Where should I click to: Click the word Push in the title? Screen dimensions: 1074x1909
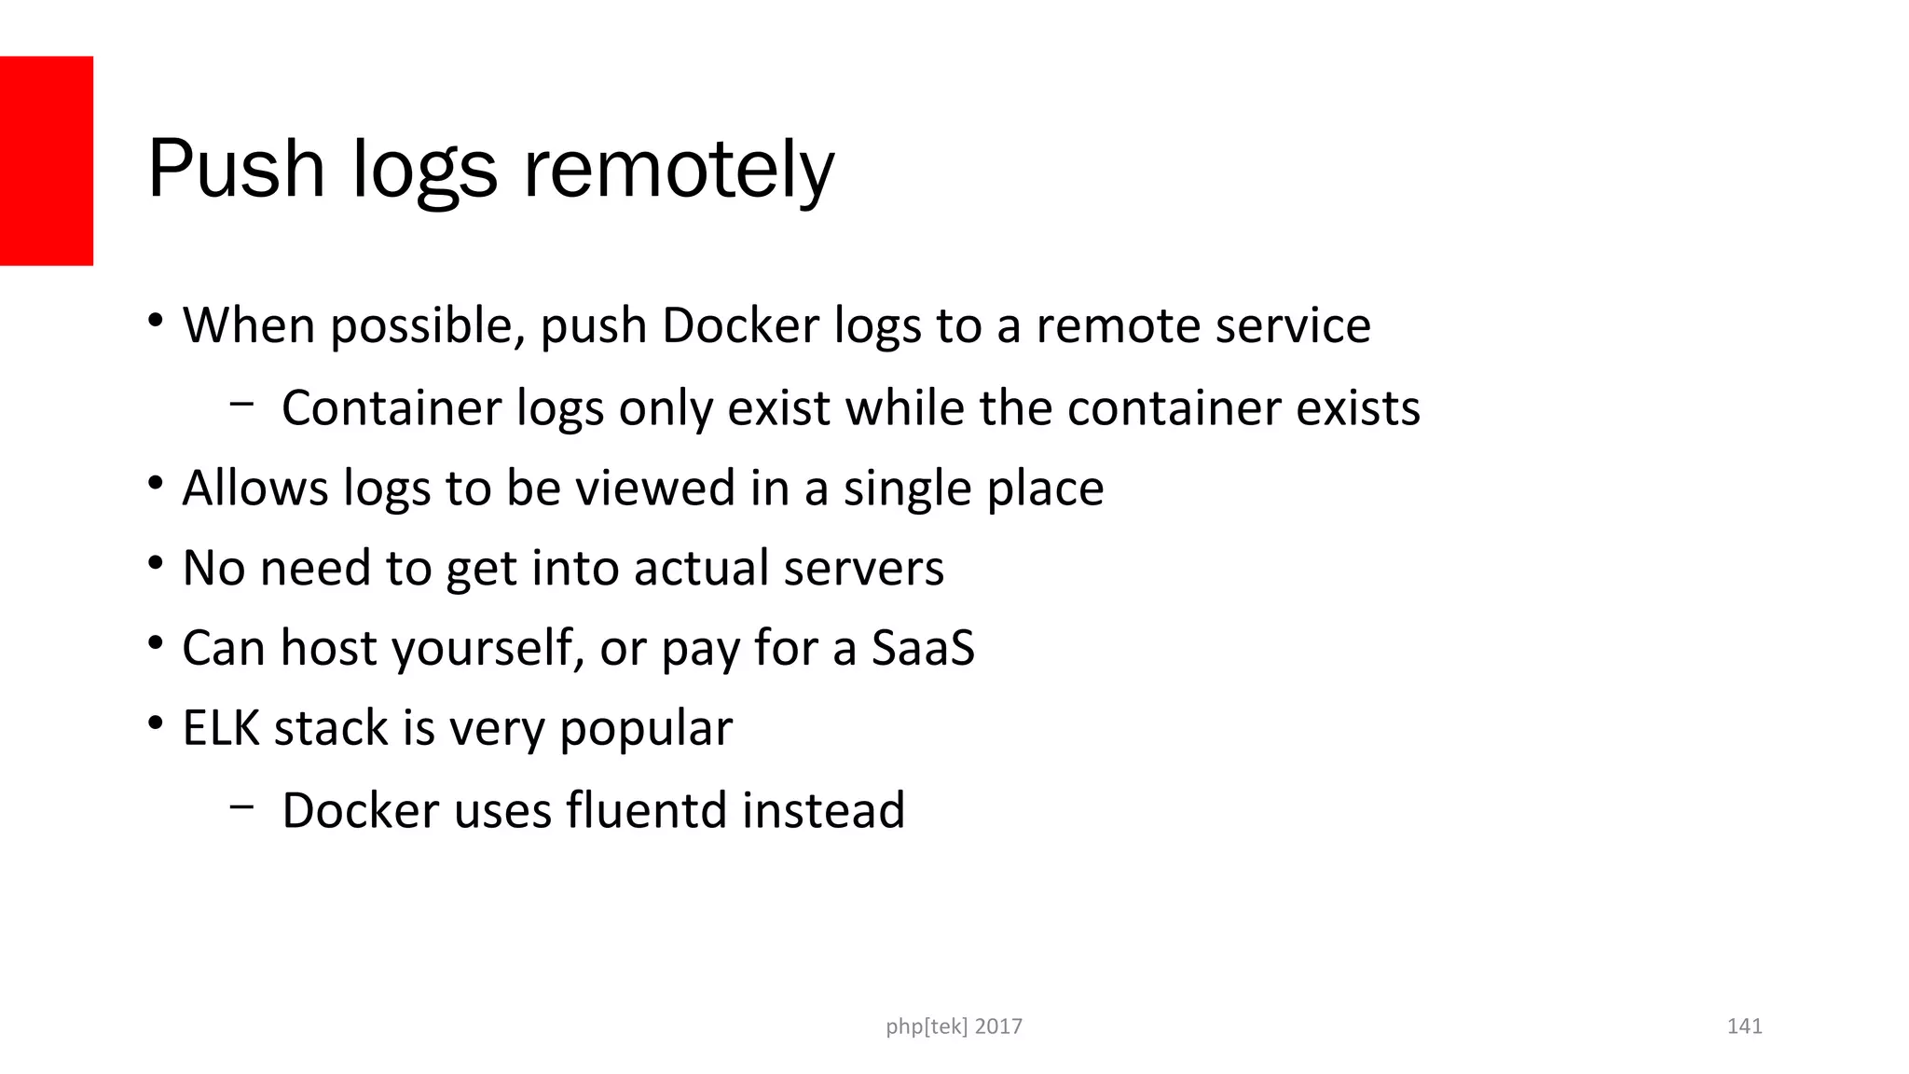point(236,169)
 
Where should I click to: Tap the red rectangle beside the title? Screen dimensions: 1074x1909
point(47,160)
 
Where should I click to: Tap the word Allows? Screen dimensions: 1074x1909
point(255,488)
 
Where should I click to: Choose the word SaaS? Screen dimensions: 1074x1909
point(923,648)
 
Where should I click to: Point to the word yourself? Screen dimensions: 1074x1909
point(487,648)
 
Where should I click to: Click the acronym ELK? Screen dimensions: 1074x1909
point(221,728)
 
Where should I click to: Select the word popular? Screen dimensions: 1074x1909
point(646,728)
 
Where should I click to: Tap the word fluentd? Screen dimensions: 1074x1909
point(646,809)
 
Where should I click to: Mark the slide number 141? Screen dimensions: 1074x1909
point(1744,1026)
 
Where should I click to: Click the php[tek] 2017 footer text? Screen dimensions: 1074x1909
point(954,1026)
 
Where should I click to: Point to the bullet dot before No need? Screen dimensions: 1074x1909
point(156,563)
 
